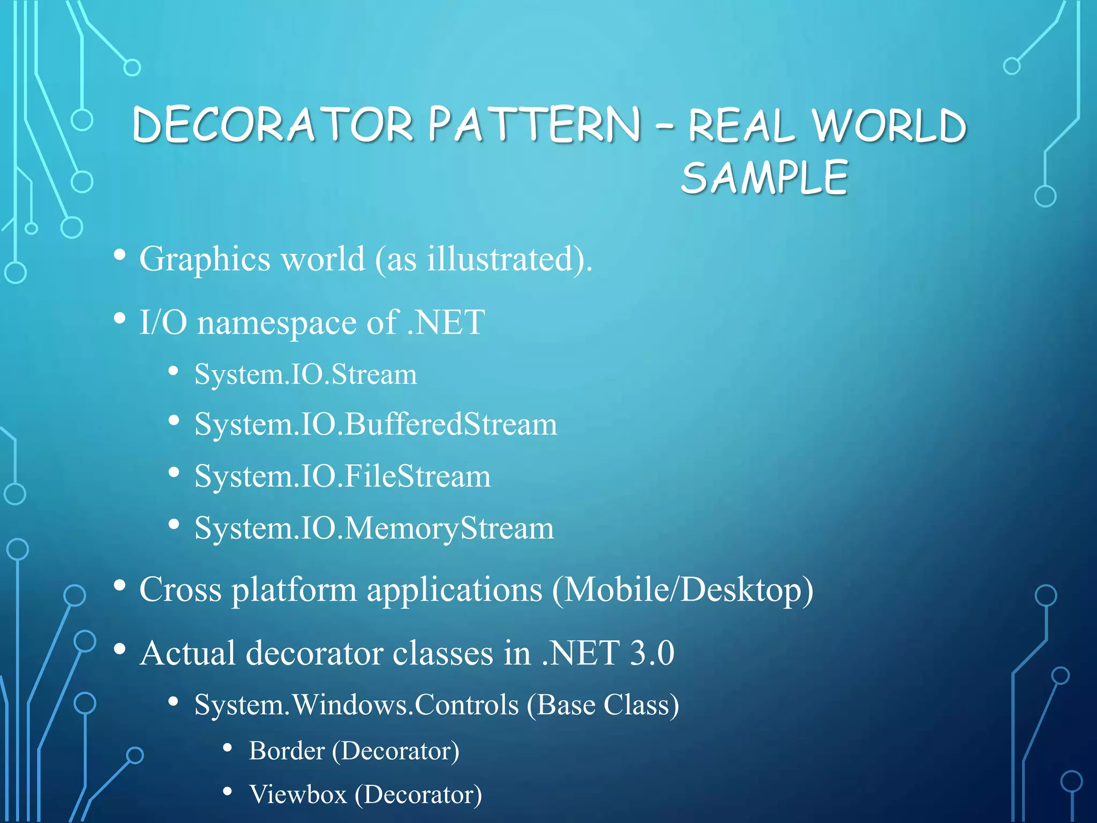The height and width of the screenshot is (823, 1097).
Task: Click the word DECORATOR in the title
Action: (x=273, y=125)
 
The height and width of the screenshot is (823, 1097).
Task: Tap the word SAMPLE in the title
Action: (x=764, y=178)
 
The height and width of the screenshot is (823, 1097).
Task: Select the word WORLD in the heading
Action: (x=889, y=126)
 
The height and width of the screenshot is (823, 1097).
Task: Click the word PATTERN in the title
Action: (x=534, y=125)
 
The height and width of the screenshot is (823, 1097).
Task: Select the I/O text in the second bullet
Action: (x=163, y=323)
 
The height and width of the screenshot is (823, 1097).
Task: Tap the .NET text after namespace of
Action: (x=446, y=323)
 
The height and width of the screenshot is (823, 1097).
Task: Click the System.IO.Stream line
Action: (x=305, y=374)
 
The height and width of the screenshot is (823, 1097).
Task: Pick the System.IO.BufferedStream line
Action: (x=375, y=424)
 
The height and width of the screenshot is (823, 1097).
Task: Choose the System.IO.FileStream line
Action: (x=342, y=476)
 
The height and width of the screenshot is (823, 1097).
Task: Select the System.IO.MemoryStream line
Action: (x=374, y=528)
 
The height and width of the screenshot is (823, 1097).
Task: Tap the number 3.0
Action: (x=652, y=653)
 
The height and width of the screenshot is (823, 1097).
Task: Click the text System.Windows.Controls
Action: (x=357, y=705)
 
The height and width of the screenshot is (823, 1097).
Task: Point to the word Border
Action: (x=287, y=751)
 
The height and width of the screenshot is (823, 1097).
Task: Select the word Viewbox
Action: (x=298, y=794)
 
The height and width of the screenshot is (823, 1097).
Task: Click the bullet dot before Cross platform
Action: (x=120, y=586)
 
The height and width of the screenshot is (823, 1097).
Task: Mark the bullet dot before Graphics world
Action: (x=120, y=255)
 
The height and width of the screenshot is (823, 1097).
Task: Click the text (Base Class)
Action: (x=603, y=705)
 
